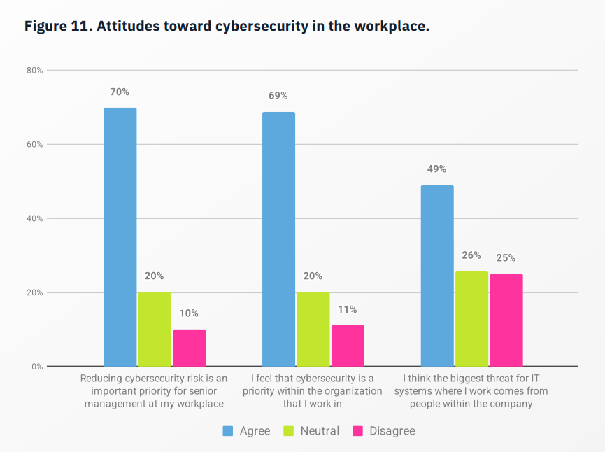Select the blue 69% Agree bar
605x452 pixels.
(x=278, y=239)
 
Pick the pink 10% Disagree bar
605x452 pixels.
(x=189, y=347)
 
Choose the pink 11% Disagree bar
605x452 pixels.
(x=348, y=345)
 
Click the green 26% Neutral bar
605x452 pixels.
(x=471, y=318)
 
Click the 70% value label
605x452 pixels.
(x=120, y=92)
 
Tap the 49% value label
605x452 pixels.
(x=437, y=169)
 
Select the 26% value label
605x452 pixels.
(x=471, y=255)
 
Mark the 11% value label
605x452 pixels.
(x=348, y=309)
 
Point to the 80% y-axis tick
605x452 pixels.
(x=35, y=71)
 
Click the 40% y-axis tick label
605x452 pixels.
(x=35, y=218)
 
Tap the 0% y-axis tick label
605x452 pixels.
(x=37, y=367)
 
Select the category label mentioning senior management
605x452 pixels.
(x=154, y=391)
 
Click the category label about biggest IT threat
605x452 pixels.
(x=471, y=391)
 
